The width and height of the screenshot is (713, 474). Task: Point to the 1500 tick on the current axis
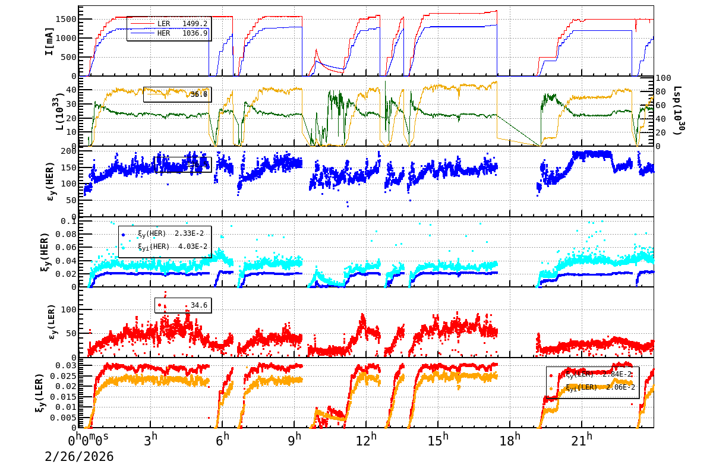65,19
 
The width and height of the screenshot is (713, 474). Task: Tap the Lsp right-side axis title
677,111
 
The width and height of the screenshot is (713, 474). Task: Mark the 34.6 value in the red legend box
198,305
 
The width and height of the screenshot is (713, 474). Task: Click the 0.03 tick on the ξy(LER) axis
65,365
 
